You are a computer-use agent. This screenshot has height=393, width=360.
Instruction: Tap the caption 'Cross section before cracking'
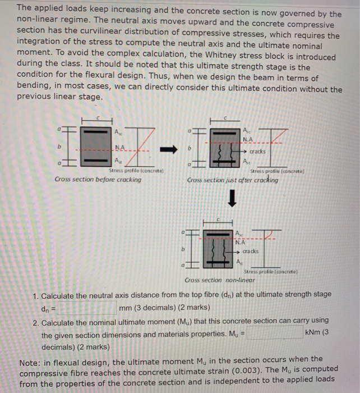click(98, 179)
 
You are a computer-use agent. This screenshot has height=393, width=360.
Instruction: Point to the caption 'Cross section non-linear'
click(219, 280)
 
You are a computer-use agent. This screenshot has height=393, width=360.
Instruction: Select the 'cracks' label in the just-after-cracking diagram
click(257, 152)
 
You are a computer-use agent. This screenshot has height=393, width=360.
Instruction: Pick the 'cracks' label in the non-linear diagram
click(250, 251)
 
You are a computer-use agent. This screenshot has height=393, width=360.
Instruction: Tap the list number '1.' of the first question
click(35, 295)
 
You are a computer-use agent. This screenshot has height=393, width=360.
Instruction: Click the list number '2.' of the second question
click(35, 323)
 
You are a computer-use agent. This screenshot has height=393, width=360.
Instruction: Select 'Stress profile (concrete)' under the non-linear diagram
click(267, 272)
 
